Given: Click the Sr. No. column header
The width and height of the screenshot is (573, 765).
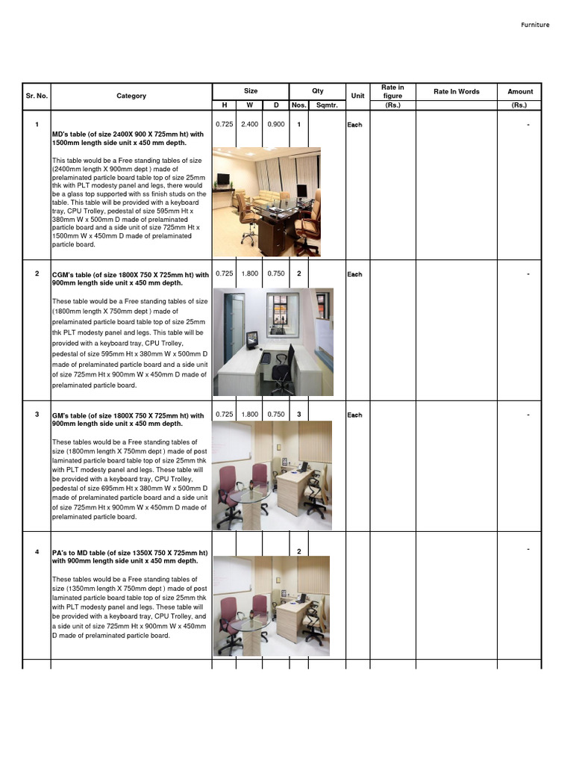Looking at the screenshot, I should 37,96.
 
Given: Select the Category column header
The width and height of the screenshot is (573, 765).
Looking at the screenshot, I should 131,96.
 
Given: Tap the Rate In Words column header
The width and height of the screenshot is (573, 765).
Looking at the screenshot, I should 457,91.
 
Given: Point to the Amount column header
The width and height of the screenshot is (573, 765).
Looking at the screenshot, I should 520,91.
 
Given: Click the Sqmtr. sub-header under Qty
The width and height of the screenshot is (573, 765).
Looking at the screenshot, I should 327,105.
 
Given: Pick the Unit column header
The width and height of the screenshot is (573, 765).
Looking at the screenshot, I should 357,96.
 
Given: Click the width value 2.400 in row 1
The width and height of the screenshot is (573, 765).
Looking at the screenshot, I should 249,124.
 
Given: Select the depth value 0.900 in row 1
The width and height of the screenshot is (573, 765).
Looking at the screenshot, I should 275,124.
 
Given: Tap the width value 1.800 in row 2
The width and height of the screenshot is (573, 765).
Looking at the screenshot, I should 249,273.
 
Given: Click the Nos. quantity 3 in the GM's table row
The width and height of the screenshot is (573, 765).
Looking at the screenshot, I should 298,414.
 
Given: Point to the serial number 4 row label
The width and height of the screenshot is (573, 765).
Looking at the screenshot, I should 37,551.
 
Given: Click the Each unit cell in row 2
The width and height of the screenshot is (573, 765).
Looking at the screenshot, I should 354,274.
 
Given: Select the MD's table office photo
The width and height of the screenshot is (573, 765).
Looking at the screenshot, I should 266,202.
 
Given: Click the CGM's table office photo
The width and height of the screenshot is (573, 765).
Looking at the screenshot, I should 273,341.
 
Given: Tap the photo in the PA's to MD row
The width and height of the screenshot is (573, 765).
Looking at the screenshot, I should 272,606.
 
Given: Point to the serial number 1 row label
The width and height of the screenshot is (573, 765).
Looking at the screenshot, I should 37,124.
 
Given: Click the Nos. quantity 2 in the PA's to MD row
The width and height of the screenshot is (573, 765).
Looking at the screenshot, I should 298,551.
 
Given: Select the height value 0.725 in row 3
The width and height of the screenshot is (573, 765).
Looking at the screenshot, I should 224,414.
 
